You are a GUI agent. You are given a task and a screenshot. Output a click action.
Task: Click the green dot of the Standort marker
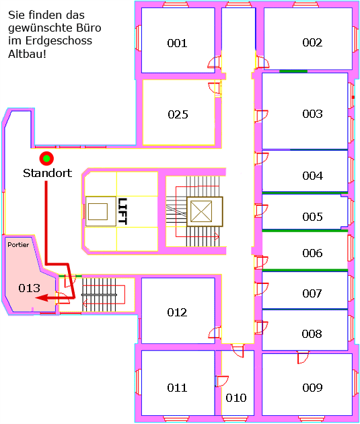click(46, 158)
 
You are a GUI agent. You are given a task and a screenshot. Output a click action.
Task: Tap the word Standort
click(47, 173)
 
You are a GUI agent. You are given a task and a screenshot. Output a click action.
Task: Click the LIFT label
click(122, 211)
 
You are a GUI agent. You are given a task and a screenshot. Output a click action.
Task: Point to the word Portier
click(18, 245)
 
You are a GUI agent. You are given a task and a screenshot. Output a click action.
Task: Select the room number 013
click(29, 288)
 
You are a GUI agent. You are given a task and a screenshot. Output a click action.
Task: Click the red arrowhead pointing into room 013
click(42, 298)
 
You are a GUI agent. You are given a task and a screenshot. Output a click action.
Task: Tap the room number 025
click(178, 114)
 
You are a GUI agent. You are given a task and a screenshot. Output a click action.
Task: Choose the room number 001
click(177, 43)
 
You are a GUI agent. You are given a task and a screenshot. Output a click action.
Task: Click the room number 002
click(312, 42)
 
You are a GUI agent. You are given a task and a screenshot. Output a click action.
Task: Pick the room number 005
click(312, 217)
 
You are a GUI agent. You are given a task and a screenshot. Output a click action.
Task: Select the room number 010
click(236, 398)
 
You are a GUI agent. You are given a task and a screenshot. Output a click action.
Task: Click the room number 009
click(312, 388)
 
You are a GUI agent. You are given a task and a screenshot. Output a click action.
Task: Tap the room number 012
click(177, 312)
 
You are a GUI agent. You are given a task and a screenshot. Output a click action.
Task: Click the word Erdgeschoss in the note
click(59, 41)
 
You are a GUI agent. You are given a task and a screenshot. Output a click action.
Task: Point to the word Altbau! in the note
click(27, 54)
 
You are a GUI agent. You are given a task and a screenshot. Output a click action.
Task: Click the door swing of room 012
click(215, 332)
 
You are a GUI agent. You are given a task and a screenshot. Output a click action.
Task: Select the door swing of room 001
click(215, 62)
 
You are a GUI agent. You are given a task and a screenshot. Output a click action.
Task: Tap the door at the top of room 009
click(303, 357)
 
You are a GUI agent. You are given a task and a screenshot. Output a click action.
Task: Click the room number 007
click(312, 293)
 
